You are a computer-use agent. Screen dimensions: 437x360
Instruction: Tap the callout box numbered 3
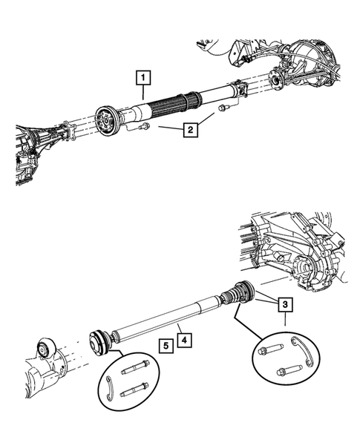coord(285,303)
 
